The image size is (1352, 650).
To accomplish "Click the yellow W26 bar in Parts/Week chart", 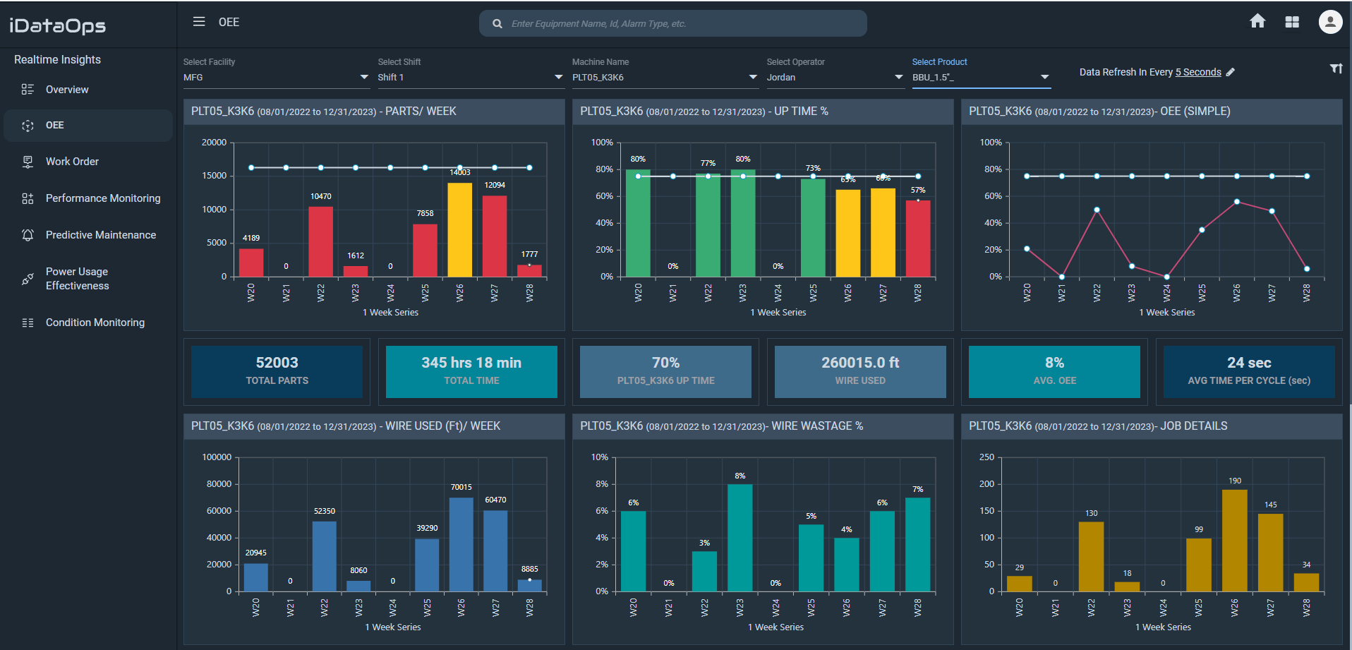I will tap(460, 229).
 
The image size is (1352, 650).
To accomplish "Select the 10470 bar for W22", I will tap(320, 241).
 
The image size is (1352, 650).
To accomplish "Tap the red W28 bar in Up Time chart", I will tap(917, 239).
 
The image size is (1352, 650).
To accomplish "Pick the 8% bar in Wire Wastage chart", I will tap(740, 537).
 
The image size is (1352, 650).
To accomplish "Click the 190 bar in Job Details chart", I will tap(1234, 540).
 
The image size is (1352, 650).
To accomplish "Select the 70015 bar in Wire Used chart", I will tap(461, 544).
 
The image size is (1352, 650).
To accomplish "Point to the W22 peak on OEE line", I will tap(1097, 210).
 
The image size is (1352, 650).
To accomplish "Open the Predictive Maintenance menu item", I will tap(101, 235).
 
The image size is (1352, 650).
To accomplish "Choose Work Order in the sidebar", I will tap(72, 162).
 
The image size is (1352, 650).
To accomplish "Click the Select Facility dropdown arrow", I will tap(364, 77).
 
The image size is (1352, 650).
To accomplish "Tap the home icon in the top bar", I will tap(1257, 21).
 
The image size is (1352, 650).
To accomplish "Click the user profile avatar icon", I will tap(1330, 22).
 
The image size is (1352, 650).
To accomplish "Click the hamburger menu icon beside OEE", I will tap(199, 22).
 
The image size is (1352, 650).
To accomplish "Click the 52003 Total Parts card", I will tap(277, 371).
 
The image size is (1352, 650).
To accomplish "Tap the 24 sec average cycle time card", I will tap(1248, 371).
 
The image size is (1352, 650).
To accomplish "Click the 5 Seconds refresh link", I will tap(1197, 72).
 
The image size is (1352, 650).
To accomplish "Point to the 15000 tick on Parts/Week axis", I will tap(215, 176).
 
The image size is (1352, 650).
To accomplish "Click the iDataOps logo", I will tap(58, 26).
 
